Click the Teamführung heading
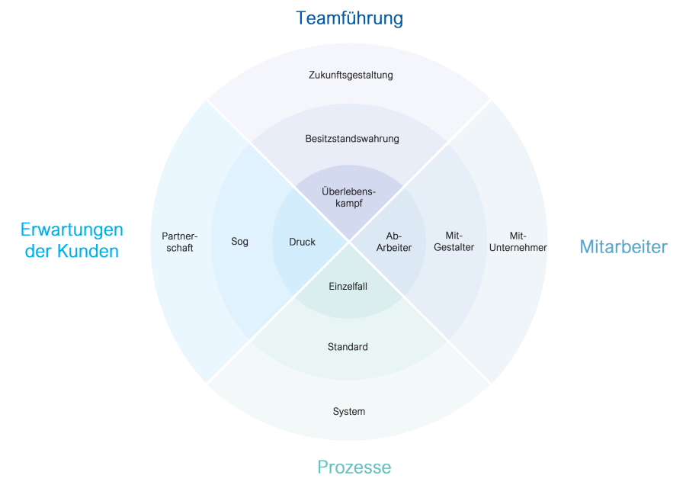tap(349, 18)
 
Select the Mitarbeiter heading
tap(623, 246)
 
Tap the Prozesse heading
tap(354, 467)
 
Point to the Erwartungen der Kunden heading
tap(72, 240)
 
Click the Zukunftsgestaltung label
tap(351, 75)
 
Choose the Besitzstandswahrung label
tap(352, 139)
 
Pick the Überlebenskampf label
tap(349, 198)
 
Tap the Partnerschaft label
tap(180, 242)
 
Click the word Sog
tap(239, 242)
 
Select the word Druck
tap(302, 242)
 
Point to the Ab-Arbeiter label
tap(394, 242)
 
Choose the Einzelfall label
tap(348, 286)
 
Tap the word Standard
tap(348, 347)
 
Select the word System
tap(349, 412)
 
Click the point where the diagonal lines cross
tap(349, 242)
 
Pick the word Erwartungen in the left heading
tap(72, 230)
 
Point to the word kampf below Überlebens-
tap(348, 204)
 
